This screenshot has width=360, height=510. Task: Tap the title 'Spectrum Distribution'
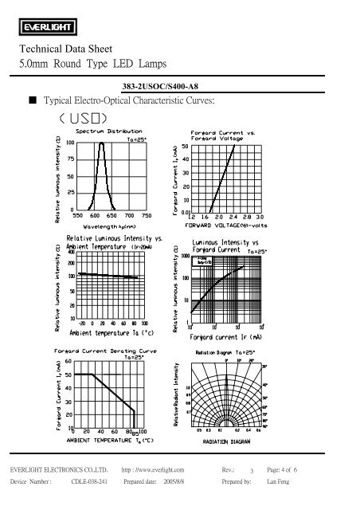coord(110,131)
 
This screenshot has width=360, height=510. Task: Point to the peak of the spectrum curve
coord(101,143)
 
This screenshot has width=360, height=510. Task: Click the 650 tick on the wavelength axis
coord(111,215)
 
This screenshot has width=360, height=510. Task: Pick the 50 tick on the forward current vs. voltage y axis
coord(185,147)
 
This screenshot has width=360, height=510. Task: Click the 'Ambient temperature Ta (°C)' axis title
coord(108,332)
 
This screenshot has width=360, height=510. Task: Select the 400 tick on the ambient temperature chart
coord(70,253)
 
